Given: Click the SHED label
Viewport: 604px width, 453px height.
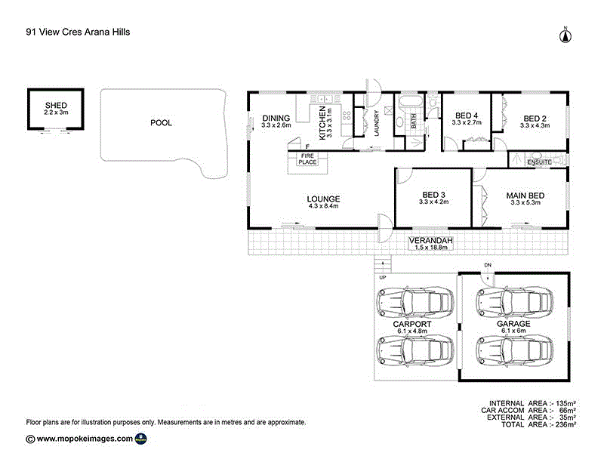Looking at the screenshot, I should (57, 105).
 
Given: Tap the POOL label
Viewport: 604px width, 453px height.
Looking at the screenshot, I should (161, 122).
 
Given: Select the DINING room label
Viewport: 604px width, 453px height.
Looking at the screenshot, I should (276, 118).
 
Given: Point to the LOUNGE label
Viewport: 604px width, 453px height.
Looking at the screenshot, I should (324, 199).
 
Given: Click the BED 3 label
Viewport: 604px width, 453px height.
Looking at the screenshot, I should (434, 193).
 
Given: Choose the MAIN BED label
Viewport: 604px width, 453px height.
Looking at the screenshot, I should (525, 196).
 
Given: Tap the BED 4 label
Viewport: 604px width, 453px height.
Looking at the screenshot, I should (467, 117).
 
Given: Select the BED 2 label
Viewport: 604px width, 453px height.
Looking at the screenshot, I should (535, 119).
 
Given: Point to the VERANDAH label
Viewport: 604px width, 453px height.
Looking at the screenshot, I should (431, 241).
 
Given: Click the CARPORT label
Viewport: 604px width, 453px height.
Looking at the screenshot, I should (411, 324).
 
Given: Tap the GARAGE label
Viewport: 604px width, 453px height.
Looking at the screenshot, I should (513, 324).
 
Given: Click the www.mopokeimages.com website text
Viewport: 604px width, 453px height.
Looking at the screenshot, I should (85, 438).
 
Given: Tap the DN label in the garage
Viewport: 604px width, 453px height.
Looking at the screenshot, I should (488, 266).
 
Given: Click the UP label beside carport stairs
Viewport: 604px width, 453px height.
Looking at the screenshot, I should (382, 278).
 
